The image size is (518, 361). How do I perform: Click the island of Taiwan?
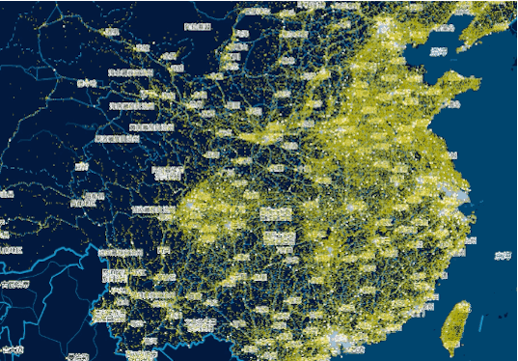pos(456,324)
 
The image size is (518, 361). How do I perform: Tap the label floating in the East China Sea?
pos(503,255)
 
